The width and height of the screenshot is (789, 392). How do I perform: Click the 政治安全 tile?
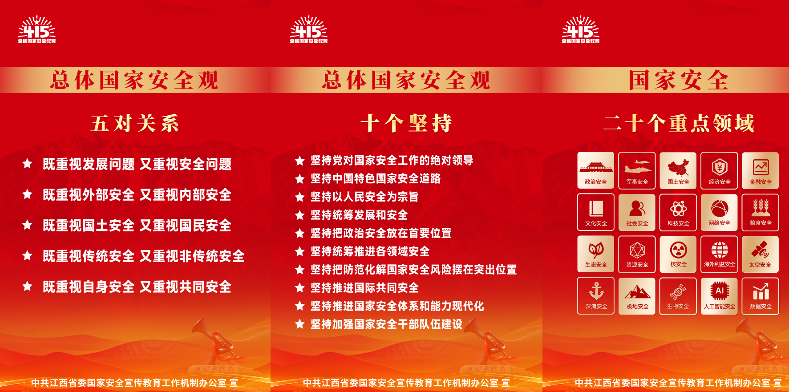[x=596, y=170]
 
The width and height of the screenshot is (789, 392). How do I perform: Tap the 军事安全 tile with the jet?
[x=637, y=170]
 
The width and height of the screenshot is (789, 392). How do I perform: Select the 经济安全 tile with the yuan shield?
[x=719, y=170]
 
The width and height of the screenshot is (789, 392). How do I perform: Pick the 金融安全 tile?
[x=761, y=170]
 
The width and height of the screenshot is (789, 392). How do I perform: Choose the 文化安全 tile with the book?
[x=596, y=212]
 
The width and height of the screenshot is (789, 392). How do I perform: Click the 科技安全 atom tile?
[x=678, y=212]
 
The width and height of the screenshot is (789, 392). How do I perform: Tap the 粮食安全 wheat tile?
[x=761, y=212]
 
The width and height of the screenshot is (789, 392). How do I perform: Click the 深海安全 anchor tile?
[x=596, y=296]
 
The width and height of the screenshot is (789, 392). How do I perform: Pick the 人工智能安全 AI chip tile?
[x=719, y=296]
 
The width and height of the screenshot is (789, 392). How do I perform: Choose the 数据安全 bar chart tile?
[x=761, y=296]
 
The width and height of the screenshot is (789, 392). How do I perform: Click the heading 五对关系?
[x=135, y=123]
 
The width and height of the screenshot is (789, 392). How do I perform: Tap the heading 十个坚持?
[x=406, y=123]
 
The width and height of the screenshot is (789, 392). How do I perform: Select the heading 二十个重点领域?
[x=679, y=123]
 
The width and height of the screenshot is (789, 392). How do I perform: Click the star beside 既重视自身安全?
[x=27, y=286]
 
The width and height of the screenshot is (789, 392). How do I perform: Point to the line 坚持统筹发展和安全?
[x=359, y=215]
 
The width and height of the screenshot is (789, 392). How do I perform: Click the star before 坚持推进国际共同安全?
[x=300, y=288]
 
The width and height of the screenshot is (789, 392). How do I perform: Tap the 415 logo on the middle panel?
[x=309, y=30]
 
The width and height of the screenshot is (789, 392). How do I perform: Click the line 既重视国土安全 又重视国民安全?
[x=137, y=226]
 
